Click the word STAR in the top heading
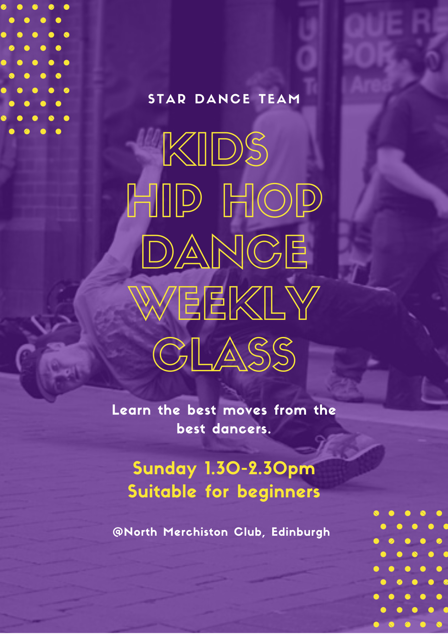(x=167, y=99)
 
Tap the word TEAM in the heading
(x=279, y=99)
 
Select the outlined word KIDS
(x=215, y=149)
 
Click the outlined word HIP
(x=164, y=200)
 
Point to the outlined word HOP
(x=273, y=200)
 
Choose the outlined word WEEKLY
(x=224, y=303)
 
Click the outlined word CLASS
(x=224, y=354)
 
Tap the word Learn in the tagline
(x=131, y=410)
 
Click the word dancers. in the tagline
(x=242, y=429)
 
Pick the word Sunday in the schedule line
(x=165, y=469)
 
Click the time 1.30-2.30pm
(x=260, y=469)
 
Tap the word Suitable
(x=162, y=491)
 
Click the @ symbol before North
(x=118, y=532)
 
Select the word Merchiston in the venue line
(x=195, y=532)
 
